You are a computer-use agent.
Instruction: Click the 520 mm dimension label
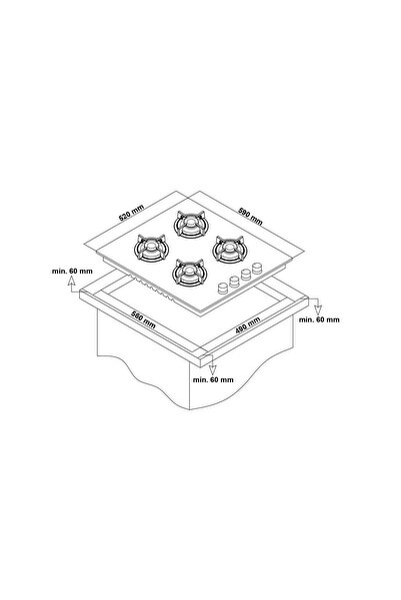(131, 213)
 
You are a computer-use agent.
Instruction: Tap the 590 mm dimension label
(250, 216)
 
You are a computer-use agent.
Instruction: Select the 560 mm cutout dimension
(143, 319)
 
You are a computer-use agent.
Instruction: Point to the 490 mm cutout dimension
(248, 324)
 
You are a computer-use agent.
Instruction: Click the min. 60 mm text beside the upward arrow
(72, 271)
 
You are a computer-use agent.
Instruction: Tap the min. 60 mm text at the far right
(319, 319)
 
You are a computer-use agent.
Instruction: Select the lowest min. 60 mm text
(213, 379)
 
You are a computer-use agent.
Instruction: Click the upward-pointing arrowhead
(71, 281)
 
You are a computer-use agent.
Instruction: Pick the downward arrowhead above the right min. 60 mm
(318, 310)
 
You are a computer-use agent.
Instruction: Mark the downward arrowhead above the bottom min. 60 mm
(212, 369)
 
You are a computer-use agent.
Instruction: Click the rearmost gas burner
(190, 224)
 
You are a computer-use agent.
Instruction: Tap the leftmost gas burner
(151, 248)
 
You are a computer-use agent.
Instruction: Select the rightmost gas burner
(229, 250)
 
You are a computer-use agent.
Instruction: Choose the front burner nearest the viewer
(189, 273)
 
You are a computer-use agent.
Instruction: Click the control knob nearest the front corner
(223, 289)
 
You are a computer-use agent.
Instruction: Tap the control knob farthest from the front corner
(257, 268)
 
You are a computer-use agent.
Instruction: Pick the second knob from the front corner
(234, 282)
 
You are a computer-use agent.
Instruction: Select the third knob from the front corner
(246, 275)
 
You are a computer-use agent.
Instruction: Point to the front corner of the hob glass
(200, 308)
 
